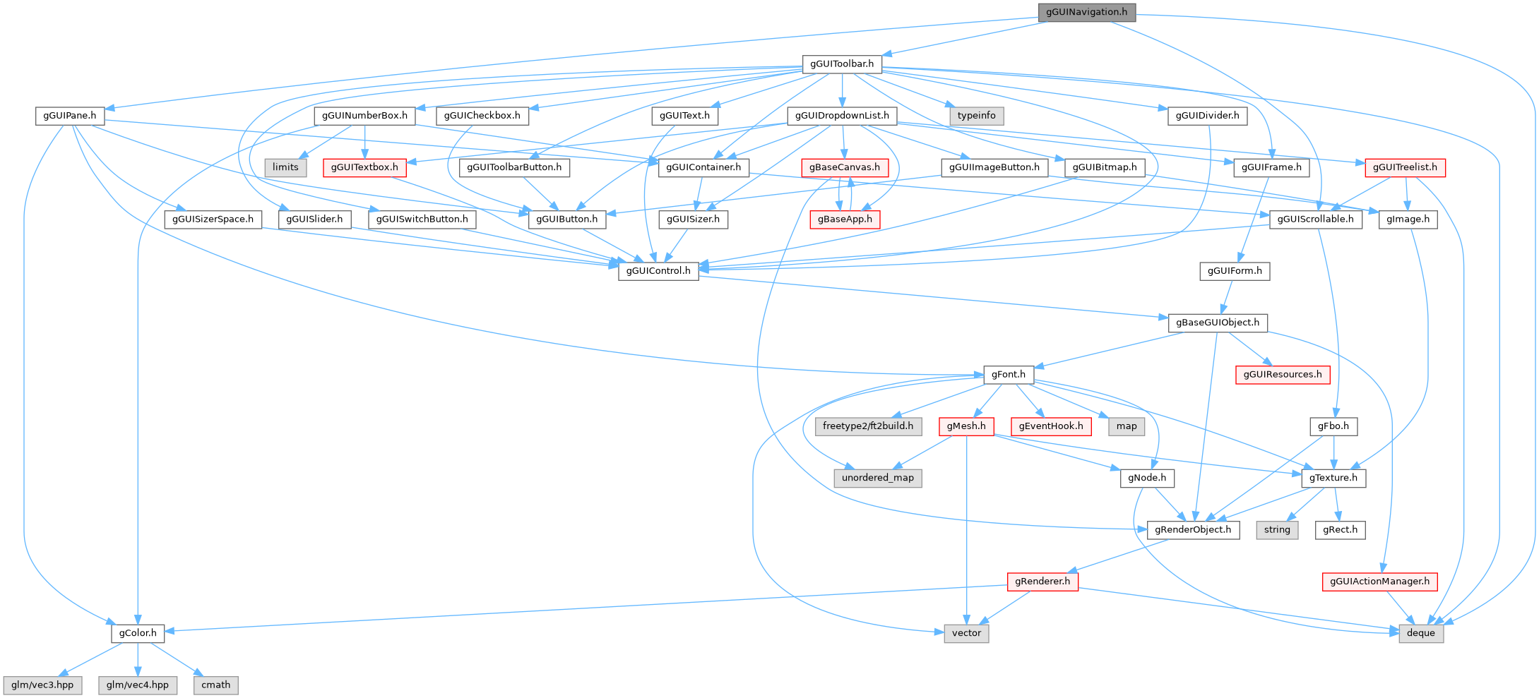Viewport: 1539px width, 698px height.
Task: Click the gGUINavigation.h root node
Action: coord(1086,12)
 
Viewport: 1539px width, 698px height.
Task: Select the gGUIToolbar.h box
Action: coord(842,64)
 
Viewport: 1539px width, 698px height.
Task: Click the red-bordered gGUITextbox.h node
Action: coord(364,167)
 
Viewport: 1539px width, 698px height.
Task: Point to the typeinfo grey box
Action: coord(977,115)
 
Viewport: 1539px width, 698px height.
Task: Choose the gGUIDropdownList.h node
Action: coord(842,115)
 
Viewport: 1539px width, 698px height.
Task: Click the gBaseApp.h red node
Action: coord(845,219)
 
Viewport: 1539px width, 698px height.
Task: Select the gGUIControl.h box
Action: coord(658,270)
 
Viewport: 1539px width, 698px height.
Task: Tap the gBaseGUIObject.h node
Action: coord(1218,323)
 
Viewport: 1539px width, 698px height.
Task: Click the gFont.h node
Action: coord(1008,374)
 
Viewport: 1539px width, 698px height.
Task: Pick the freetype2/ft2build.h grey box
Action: coord(868,426)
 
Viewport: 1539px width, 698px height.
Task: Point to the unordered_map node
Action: coord(878,478)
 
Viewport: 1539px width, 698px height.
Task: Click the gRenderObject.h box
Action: coord(1193,529)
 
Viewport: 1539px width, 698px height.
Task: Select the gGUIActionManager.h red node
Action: coord(1379,582)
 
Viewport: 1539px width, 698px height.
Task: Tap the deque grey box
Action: coord(1421,633)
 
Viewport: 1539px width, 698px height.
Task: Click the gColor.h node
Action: coord(138,633)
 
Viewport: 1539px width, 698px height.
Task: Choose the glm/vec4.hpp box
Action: coord(138,685)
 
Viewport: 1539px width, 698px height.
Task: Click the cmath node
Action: coord(216,685)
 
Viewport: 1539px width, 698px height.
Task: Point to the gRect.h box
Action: coord(1340,529)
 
